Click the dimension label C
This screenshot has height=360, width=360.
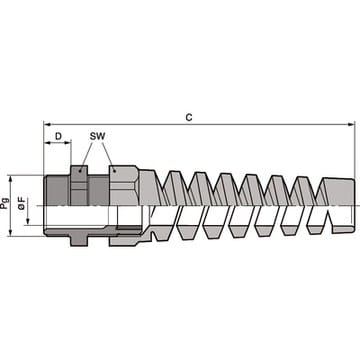click(189, 117)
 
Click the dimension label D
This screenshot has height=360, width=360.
click(58, 136)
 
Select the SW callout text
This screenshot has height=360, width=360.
click(97, 136)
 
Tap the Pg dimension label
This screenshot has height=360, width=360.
click(5, 203)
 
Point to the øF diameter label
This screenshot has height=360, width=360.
click(22, 202)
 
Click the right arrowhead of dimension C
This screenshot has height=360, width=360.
click(351, 124)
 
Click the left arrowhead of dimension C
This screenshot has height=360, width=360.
click(48, 124)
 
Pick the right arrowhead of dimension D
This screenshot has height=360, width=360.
click(67, 143)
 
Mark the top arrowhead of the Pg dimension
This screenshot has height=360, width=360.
click(10, 179)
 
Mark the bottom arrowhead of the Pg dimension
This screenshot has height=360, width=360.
click(10, 232)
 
